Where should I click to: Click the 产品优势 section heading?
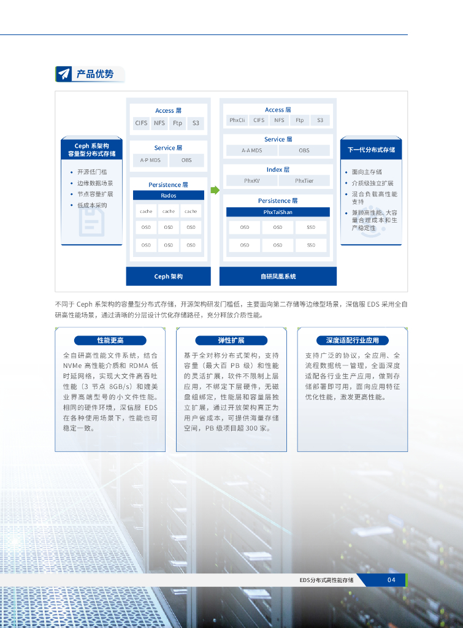(94, 74)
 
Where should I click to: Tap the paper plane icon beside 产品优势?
(64, 74)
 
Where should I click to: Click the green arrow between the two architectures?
(215, 190)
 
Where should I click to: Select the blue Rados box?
(169, 195)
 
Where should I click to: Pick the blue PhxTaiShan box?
(278, 212)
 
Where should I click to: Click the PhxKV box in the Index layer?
(251, 181)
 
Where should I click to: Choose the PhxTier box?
(304, 181)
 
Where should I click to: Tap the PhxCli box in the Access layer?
(237, 120)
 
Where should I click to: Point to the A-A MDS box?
(251, 150)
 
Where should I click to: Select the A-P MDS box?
(150, 160)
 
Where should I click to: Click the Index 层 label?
(278, 169)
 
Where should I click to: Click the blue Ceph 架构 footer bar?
(168, 277)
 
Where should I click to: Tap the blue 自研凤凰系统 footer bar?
(278, 277)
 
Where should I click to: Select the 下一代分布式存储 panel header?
(371, 149)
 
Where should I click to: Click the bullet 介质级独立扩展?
(372, 183)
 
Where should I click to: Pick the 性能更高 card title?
(110, 340)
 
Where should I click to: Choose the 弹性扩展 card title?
(231, 340)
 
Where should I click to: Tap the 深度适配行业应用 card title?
(353, 340)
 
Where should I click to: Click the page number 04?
(391, 580)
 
